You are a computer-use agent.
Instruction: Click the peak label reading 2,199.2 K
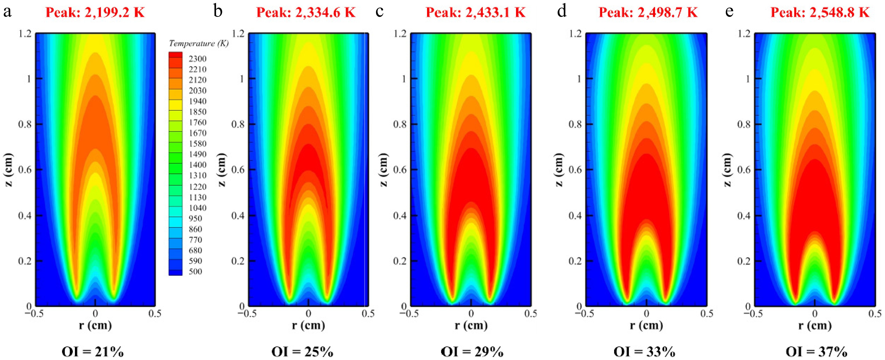95,13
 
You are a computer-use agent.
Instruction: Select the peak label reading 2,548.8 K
820,13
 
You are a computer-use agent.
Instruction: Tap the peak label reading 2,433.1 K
476,13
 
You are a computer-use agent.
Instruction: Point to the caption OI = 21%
92,352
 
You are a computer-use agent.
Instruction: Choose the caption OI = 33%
645,352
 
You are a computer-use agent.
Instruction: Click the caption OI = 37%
816,352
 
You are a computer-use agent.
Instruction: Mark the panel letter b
218,11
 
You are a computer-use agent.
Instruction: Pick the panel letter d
561,11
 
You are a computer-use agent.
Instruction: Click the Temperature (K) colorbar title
199,44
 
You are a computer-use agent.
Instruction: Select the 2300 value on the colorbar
197,59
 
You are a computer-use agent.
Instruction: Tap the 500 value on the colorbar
195,271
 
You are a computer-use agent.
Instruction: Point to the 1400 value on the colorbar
197,165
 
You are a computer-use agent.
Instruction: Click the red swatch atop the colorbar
175,55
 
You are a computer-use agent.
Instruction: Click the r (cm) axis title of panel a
95,325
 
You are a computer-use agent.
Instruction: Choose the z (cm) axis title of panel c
384,170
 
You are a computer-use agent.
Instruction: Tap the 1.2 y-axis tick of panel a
25,34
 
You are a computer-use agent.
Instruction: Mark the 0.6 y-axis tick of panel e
744,170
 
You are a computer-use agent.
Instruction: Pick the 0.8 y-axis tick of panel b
238,124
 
